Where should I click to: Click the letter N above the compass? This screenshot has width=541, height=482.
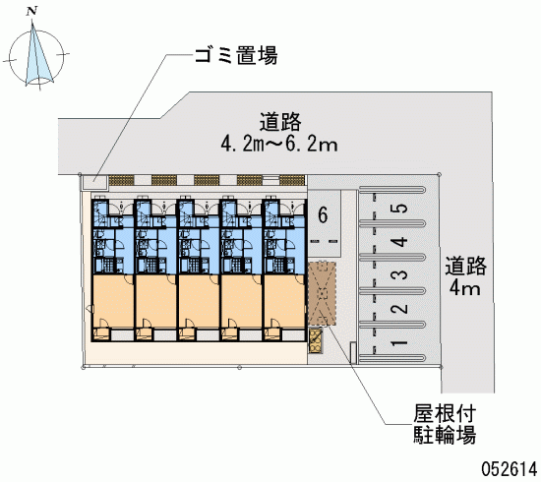(31, 12)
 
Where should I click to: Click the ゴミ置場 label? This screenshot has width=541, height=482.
(236, 56)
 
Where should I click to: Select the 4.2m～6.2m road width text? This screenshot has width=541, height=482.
(279, 145)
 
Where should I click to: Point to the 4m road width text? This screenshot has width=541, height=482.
(464, 288)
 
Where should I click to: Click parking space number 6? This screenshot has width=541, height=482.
(323, 215)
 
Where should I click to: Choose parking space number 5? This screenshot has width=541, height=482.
(399, 209)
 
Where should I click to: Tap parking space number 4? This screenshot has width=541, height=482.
(399, 242)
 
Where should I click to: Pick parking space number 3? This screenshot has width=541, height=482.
(399, 275)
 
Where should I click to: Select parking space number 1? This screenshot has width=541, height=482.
(399, 342)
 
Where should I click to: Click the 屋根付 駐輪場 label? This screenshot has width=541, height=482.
(445, 424)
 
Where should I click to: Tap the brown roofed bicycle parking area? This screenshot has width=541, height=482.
(322, 293)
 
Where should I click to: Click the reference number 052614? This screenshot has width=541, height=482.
(509, 469)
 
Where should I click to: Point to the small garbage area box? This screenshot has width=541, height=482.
(94, 182)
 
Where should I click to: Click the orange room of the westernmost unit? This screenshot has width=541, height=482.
(113, 301)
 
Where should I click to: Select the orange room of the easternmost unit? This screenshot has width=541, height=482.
(284, 301)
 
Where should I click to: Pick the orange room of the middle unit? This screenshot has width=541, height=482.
(199, 301)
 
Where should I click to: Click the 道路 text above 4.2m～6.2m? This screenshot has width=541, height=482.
(280, 121)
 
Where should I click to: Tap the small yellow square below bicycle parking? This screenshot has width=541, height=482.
(316, 341)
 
